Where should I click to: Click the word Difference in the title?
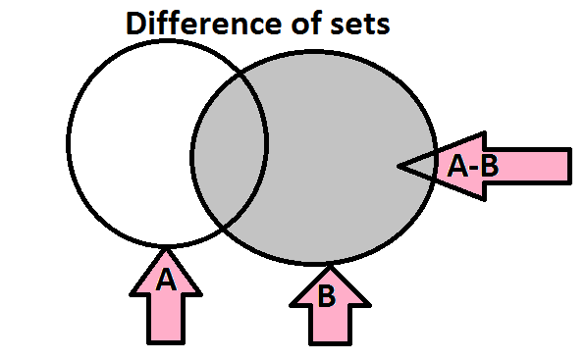click(204, 24)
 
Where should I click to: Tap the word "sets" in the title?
click(360, 26)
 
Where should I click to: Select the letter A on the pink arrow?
click(166, 280)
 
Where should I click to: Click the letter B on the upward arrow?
click(326, 296)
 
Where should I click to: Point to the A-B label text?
click(473, 166)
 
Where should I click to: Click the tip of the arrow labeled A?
click(166, 249)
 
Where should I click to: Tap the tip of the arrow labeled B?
click(330, 266)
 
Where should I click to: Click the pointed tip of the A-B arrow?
click(399, 166)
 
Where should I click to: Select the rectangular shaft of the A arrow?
click(166, 320)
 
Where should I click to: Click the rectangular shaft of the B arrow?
click(331, 325)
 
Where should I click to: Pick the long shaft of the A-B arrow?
click(528, 166)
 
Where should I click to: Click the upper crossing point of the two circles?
click(240, 76)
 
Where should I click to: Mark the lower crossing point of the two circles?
click(223, 227)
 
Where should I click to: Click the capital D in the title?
click(137, 24)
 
